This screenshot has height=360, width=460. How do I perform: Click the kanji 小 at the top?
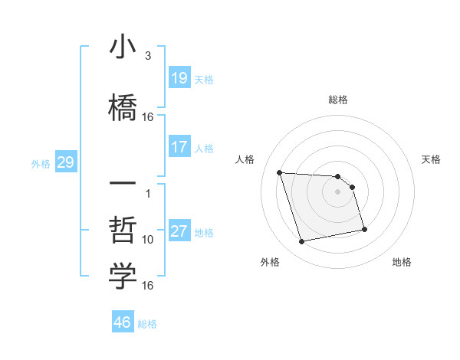coord(123,47)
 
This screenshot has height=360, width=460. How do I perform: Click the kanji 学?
coord(123,277)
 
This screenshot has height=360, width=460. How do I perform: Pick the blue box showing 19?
coord(179,78)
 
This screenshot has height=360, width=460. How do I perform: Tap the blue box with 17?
coord(179,147)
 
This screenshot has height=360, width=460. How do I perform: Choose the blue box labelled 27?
coord(179,231)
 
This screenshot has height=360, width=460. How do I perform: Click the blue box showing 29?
coord(65,162)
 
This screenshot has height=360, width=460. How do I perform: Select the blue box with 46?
coord(123,322)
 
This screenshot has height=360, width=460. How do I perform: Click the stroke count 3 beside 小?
coord(148,56)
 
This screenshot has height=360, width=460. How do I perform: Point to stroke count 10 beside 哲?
coord(148,239)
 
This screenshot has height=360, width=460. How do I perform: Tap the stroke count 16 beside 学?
coord(148,286)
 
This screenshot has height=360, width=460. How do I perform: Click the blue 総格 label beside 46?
coord(147,324)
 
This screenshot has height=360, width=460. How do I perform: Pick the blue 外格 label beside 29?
coord(40,163)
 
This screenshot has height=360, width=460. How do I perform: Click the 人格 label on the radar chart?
coord(245,159)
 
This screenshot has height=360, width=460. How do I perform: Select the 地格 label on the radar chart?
coord(402,262)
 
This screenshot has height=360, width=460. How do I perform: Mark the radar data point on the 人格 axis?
coord(280,172)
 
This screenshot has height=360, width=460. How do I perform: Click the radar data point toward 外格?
coord(302,242)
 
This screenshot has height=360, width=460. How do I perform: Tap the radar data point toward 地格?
coord(364,229)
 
